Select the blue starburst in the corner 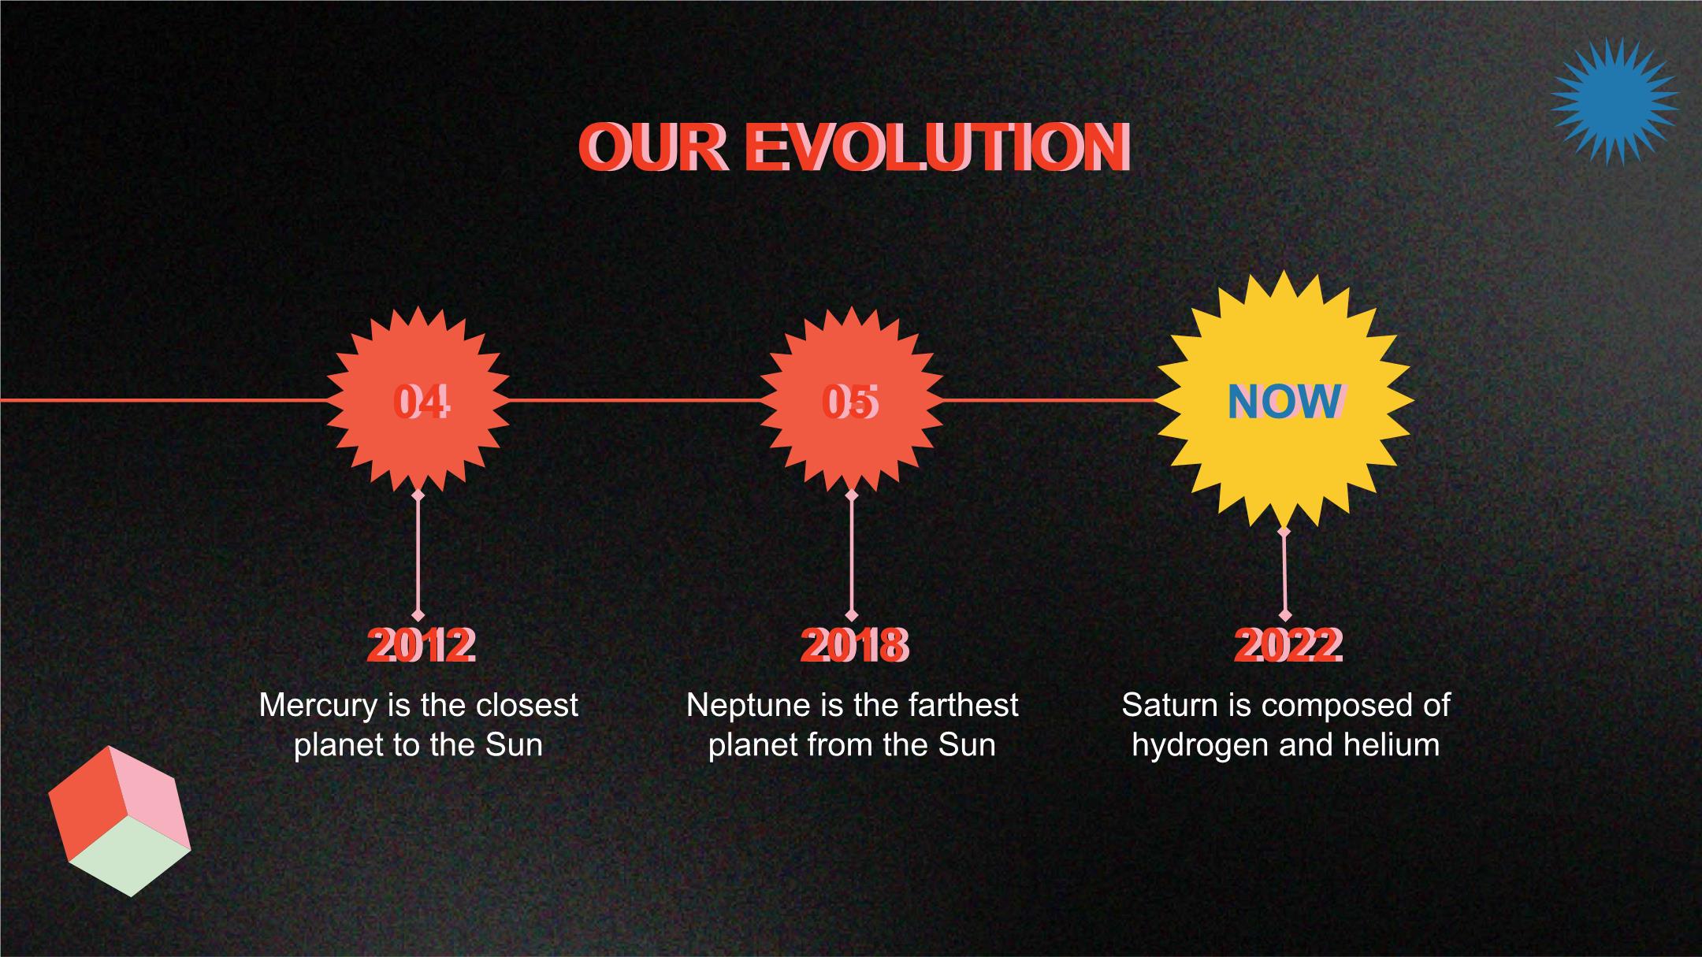(x=1615, y=102)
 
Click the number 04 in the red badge (x=422, y=402)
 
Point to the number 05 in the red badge (x=850, y=402)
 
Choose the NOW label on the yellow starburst (x=1285, y=402)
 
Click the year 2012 (x=422, y=646)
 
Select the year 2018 (x=855, y=646)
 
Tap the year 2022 (x=1288, y=646)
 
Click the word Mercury (x=319, y=706)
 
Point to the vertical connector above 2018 (x=851, y=555)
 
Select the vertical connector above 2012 (x=418, y=555)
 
